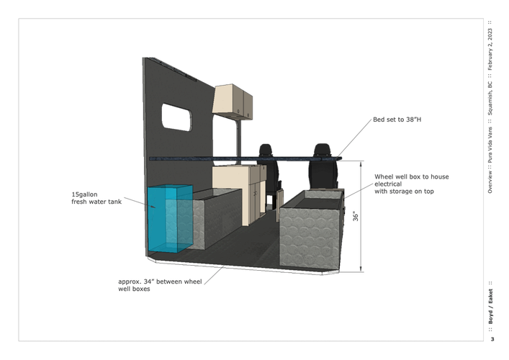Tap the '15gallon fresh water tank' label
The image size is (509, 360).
coord(96,198)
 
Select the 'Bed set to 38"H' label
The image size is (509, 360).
coord(397,120)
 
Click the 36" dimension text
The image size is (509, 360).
coord(356,217)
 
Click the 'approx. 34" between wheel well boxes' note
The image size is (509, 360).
coord(160,285)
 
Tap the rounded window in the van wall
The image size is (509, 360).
coord(176,117)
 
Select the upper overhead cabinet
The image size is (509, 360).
coord(233,102)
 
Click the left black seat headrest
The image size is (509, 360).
coord(265,150)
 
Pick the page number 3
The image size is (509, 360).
coord(492,339)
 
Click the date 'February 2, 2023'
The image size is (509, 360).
coord(490,49)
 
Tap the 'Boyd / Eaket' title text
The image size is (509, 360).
coord(490,307)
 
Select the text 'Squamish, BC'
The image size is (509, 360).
coord(490,99)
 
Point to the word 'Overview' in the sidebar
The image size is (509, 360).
coord(490,181)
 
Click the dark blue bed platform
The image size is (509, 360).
coord(246,158)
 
